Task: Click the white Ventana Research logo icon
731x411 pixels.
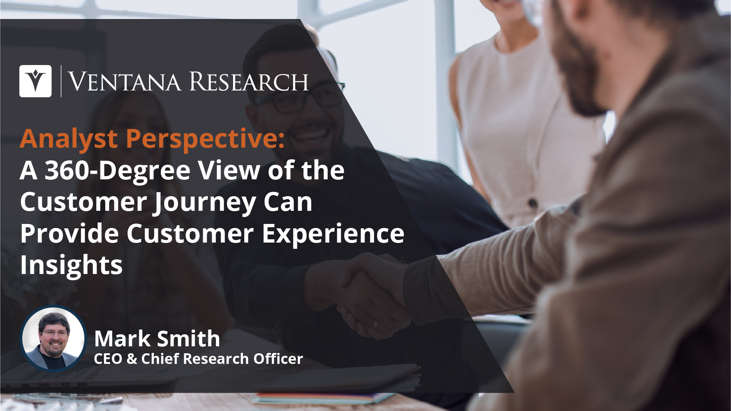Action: point(35,81)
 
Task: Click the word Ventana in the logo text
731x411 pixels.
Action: point(124,81)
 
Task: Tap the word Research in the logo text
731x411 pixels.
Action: point(249,81)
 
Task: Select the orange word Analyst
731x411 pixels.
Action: point(69,140)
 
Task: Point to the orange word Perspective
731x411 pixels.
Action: point(205,140)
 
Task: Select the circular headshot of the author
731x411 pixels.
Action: point(53,338)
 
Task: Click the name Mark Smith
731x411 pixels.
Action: point(157,339)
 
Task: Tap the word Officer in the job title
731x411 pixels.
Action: point(278,359)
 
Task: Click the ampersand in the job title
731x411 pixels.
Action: point(132,359)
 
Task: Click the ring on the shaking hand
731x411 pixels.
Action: point(375,324)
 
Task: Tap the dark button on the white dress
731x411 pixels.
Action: point(533,203)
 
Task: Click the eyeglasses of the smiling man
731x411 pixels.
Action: point(300,99)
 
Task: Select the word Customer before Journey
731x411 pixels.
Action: point(84,202)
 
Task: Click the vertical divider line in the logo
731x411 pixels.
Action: point(61,81)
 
